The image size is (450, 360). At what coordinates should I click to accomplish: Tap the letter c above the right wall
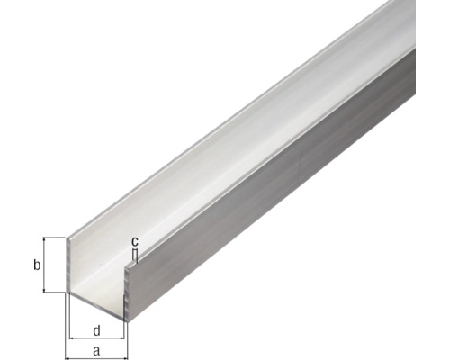pyautogui.click(x=134, y=242)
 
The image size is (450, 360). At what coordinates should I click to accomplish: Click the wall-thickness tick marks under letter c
pyautogui.click(x=134, y=256)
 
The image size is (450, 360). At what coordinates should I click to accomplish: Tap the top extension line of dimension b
pyautogui.click(x=56, y=238)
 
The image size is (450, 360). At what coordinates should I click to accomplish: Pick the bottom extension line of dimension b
pyautogui.click(x=56, y=292)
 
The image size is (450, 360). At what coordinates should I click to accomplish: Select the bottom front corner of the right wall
pyautogui.click(x=127, y=319)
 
